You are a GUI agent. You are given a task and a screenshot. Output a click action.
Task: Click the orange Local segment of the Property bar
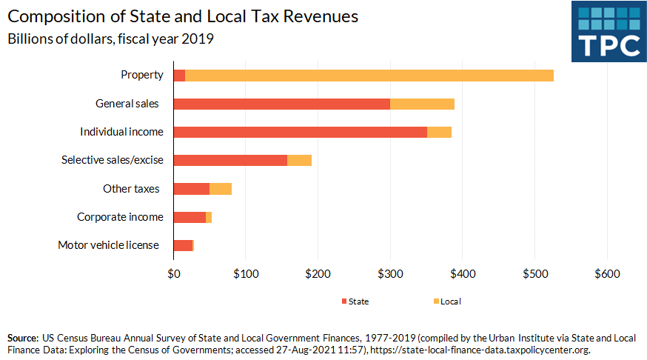pos(369,76)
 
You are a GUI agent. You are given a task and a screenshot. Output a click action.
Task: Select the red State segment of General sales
pos(281,104)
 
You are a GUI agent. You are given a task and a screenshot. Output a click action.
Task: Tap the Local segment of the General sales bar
pos(422,104)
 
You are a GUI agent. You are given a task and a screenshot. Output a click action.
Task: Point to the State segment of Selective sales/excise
pos(229,160)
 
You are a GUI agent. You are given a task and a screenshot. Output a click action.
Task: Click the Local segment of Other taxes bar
pos(221,189)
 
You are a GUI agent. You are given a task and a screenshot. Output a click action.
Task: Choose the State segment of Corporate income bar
pos(189,217)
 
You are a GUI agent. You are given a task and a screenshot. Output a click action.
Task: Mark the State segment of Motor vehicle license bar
pos(182,245)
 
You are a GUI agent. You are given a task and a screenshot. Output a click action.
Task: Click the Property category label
pos(142,76)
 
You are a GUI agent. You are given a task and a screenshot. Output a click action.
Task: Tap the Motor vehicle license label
pos(108,245)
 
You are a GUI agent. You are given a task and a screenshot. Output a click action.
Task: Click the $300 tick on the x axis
pos(390,273)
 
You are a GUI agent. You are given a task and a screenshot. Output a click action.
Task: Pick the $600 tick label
pos(607,273)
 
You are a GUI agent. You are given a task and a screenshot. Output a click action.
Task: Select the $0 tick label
pos(173,273)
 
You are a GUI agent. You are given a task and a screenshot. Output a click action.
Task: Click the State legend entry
pos(355,301)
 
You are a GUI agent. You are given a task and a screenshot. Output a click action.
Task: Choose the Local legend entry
pos(446,301)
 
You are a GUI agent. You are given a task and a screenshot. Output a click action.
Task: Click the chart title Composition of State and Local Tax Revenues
pos(184,16)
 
